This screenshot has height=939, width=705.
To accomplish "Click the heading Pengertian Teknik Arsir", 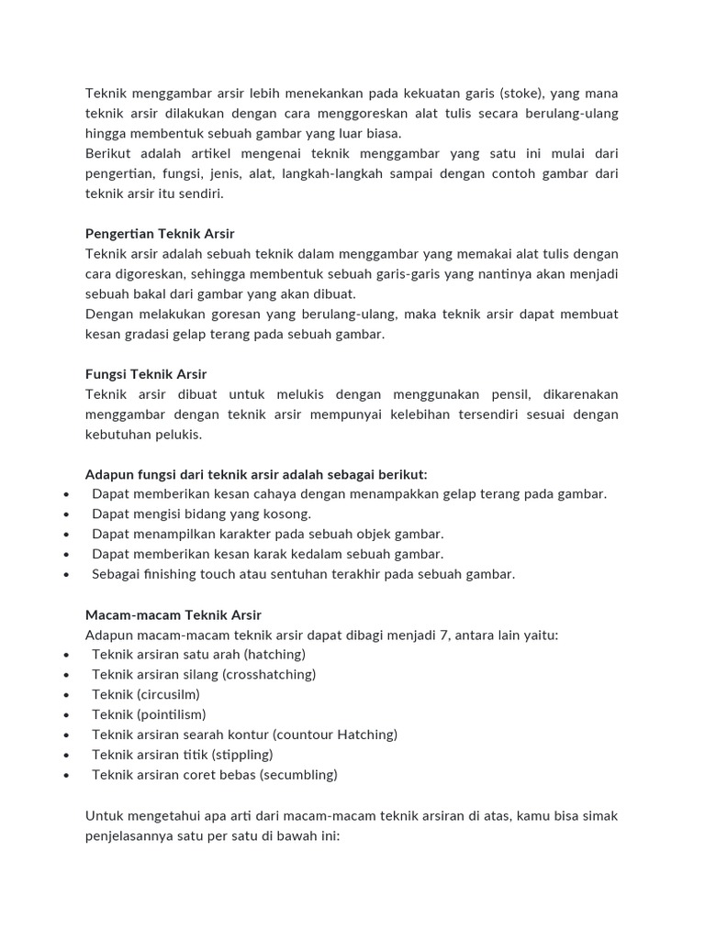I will point(160,234).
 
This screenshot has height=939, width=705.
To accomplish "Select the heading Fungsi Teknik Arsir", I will point(146,374).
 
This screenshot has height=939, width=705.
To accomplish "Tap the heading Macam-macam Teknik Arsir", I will point(173,614).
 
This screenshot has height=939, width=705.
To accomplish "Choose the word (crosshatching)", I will point(269,674).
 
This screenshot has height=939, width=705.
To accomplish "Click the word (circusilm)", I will point(168,694).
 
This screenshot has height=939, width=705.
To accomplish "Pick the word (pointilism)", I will point(172,714).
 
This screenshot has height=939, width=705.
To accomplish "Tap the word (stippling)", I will point(241,755).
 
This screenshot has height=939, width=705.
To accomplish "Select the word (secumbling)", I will point(298,775).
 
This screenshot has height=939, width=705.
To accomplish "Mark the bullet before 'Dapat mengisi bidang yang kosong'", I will point(68,514).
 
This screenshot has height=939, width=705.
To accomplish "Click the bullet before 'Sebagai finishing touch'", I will point(68,575).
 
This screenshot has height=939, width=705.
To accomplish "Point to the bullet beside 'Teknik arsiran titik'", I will point(68,756).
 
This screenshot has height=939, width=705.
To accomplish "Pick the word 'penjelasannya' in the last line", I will point(128,835).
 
